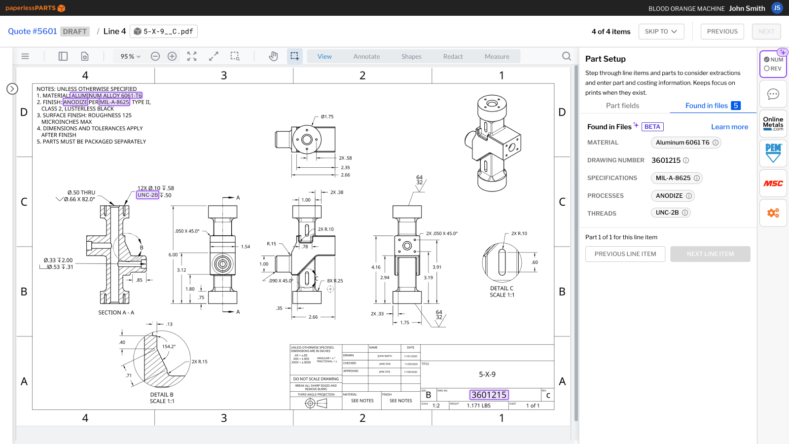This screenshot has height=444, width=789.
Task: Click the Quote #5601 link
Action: pyautogui.click(x=33, y=32)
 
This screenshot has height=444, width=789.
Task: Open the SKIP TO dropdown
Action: pyautogui.click(x=661, y=32)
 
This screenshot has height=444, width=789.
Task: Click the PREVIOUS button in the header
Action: pyautogui.click(x=722, y=32)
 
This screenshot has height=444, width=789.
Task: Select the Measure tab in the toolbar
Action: pyautogui.click(x=497, y=57)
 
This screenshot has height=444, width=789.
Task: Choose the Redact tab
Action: pyautogui.click(x=453, y=57)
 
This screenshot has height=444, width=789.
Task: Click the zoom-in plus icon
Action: pyautogui.click(x=172, y=56)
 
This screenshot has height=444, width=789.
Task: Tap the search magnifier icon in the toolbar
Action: pyautogui.click(x=567, y=56)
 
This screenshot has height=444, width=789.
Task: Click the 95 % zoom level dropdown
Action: pyautogui.click(x=130, y=57)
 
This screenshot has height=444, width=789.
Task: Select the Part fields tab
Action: pyautogui.click(x=622, y=106)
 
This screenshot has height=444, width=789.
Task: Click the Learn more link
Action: pyautogui.click(x=729, y=127)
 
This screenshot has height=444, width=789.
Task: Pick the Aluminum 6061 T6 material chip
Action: pyautogui.click(x=682, y=143)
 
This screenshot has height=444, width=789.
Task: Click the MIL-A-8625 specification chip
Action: pyautogui.click(x=673, y=178)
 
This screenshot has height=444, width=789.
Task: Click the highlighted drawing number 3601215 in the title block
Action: pyautogui.click(x=489, y=395)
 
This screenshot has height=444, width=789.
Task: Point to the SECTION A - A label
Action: pyautogui.click(x=116, y=313)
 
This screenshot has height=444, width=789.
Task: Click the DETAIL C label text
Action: pyautogui.click(x=502, y=289)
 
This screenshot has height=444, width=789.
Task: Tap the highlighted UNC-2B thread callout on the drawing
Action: pyautogui.click(x=147, y=195)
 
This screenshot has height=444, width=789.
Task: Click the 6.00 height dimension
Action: pyautogui.click(x=173, y=255)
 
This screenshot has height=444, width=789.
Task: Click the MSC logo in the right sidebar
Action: pyautogui.click(x=773, y=184)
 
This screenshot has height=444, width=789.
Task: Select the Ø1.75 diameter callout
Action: pyautogui.click(x=327, y=117)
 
